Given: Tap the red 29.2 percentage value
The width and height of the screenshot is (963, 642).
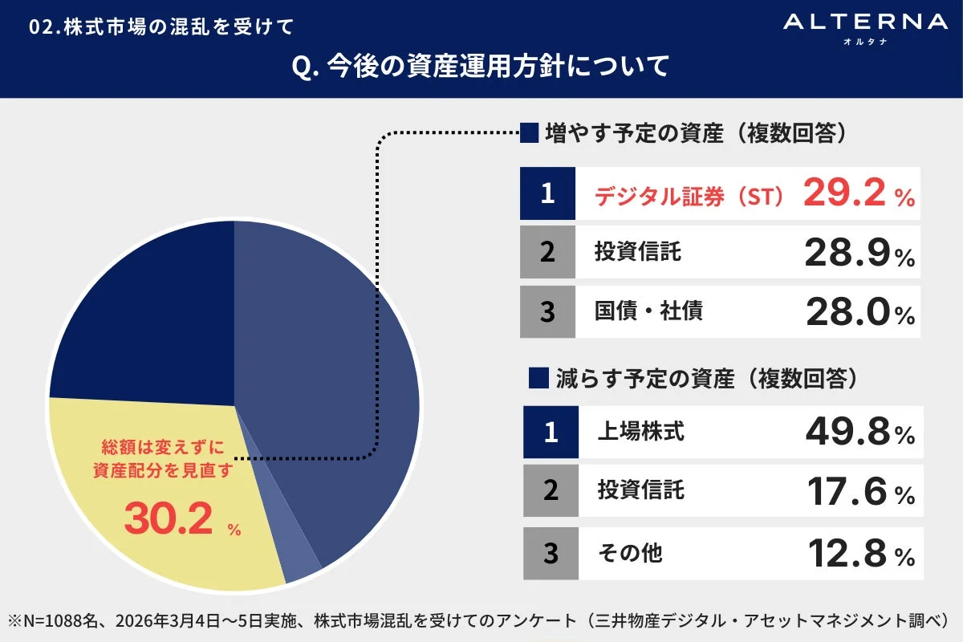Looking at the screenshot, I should (846, 193).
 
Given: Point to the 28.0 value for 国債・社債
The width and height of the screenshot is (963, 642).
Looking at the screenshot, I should (846, 312).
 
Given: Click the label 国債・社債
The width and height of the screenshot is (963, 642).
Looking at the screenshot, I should (648, 311).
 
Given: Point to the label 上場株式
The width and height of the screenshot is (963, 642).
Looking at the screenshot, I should (640, 433).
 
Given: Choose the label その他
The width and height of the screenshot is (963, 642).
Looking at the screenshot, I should (630, 553).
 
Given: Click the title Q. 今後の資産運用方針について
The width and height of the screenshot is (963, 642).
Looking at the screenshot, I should (481, 67).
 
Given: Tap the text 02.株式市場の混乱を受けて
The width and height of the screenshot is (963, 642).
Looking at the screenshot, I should (161, 26).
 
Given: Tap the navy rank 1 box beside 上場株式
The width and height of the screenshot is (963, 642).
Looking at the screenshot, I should (551, 433).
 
